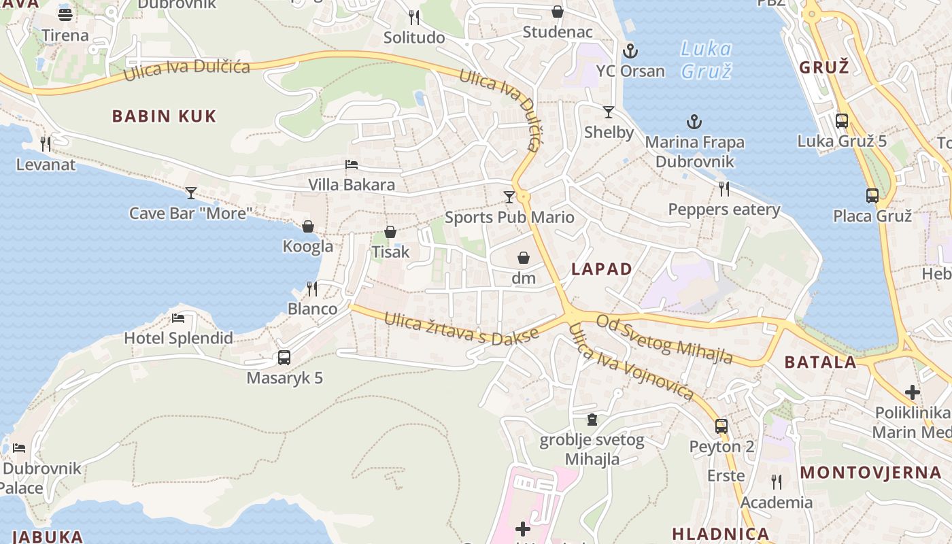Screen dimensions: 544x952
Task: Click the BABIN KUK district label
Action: (x=164, y=116)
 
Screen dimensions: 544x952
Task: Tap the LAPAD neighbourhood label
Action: (x=602, y=269)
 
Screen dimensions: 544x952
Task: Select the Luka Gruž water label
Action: (x=706, y=60)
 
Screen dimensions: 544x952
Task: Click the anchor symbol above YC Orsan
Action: (x=630, y=51)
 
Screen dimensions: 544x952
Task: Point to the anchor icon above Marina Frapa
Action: (x=694, y=122)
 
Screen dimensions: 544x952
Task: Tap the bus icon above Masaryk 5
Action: (x=284, y=358)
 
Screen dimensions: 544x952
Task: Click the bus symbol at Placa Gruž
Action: (x=872, y=196)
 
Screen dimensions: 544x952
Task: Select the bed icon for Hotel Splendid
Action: (x=178, y=318)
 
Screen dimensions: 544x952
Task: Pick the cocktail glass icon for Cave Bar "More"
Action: (x=190, y=193)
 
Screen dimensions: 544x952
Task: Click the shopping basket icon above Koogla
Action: (x=308, y=226)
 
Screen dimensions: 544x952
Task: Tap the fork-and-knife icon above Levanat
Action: (x=46, y=144)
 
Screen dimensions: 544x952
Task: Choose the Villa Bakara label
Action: (x=351, y=185)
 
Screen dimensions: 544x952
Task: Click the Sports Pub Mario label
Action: (x=509, y=218)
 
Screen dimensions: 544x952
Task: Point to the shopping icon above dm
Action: (x=524, y=258)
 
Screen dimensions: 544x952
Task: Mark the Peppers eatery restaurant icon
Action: (x=724, y=189)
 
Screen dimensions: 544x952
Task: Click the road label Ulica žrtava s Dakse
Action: (x=461, y=327)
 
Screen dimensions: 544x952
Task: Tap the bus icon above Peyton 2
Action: (x=721, y=427)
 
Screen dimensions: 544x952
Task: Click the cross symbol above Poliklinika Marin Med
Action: (x=913, y=392)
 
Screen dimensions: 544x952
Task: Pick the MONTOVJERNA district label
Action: (x=875, y=473)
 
